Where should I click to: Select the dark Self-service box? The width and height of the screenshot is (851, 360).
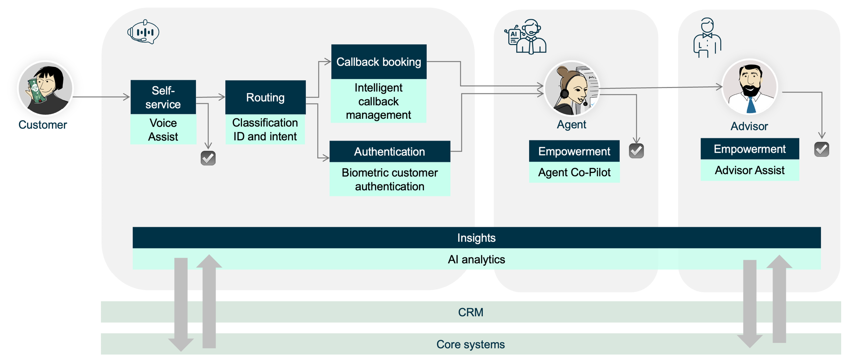point(163,97)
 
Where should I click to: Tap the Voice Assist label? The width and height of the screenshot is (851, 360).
point(163,130)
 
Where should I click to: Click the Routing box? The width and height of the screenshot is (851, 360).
point(265,98)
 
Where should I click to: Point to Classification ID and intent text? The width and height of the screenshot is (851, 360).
point(265,130)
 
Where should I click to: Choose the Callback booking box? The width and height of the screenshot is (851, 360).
point(379,62)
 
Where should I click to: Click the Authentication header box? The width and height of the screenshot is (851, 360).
point(389,152)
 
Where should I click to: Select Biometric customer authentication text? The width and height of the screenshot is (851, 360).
point(389,180)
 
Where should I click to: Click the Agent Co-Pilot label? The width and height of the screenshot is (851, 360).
point(574,173)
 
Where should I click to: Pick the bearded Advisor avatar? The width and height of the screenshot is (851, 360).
point(750,88)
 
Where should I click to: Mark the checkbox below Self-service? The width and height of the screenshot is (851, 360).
point(208,158)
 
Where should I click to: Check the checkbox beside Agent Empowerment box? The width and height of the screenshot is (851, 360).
point(636,151)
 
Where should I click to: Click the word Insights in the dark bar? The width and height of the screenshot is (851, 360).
point(476,238)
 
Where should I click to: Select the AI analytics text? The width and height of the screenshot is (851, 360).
point(476,260)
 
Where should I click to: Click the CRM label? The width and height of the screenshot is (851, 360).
point(470,312)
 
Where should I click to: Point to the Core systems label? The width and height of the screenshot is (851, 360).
point(470,344)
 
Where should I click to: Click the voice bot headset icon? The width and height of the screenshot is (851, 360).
point(143,32)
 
